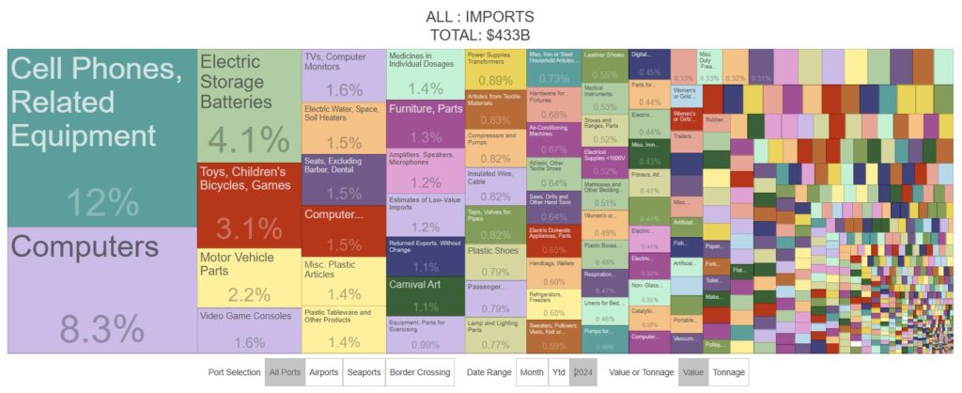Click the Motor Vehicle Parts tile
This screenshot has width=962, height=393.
pyautogui.click(x=249, y=277)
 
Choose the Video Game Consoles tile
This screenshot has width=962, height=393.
pyautogui.click(x=249, y=330)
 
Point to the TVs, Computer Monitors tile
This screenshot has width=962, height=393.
pyautogui.click(x=343, y=75)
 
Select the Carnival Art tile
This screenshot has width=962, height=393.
pyautogui.click(x=425, y=295)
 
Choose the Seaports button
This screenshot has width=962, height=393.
pyautogui.click(x=364, y=372)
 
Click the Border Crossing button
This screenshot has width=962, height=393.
pyautogui.click(x=419, y=372)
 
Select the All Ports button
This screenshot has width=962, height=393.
pyautogui.click(x=283, y=372)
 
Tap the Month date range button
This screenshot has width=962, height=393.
pyautogui.click(x=532, y=372)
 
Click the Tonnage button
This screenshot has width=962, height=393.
pyautogui.click(x=728, y=372)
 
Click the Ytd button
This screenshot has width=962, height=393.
pyautogui.click(x=558, y=372)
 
